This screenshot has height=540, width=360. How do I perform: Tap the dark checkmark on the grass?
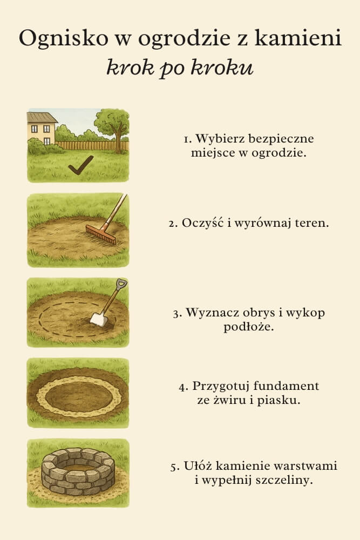80,167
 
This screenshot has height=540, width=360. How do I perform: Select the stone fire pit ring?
78,471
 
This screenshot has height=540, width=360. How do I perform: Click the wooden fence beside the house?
81,145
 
